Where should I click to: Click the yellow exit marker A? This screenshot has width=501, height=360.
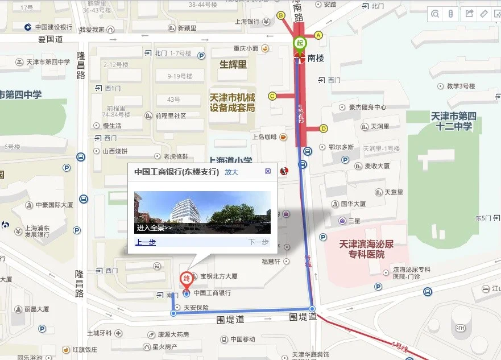(318, 35)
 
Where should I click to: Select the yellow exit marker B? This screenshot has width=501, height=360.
(280, 15)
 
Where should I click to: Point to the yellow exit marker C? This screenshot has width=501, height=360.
(272, 96)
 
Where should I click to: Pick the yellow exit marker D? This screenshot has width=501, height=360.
(324, 128)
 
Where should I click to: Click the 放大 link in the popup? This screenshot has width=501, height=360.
(231, 172)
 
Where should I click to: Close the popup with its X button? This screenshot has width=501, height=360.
(268, 171)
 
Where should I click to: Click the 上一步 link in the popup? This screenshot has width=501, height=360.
(146, 242)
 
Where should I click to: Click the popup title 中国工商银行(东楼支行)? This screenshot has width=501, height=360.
(176, 172)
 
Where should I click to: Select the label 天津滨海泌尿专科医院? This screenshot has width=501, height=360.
(362, 249)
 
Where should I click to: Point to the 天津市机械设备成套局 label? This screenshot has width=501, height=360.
(232, 102)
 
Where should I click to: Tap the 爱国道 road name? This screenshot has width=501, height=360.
(51, 39)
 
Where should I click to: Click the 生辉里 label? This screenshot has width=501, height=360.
(233, 64)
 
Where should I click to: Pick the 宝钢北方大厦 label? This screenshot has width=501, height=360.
(218, 276)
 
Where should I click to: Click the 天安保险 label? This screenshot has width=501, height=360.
(196, 308)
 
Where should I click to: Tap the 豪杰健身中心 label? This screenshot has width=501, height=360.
(367, 107)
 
